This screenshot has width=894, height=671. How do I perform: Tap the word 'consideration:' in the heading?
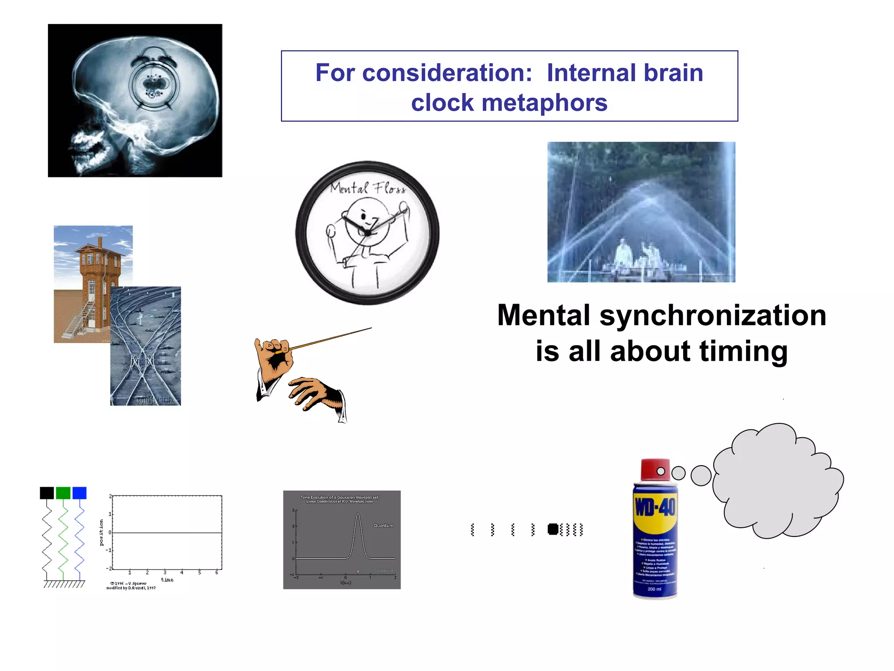(447, 73)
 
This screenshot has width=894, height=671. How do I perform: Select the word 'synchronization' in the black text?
(713, 315)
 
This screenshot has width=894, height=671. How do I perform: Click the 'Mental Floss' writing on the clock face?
(368, 188)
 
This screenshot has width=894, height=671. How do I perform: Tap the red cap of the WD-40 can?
(655, 470)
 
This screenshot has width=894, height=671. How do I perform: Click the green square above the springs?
(63, 493)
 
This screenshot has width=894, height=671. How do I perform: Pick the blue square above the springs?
(79, 493)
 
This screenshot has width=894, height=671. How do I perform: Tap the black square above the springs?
(47, 493)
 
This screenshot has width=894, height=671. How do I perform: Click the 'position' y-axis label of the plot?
(102, 533)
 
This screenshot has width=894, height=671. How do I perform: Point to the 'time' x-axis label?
(167, 580)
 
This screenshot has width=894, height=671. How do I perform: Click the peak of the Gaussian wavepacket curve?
(358, 515)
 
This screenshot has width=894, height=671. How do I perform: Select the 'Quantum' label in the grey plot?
(383, 526)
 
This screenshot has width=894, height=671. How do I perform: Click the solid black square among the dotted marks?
(553, 529)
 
